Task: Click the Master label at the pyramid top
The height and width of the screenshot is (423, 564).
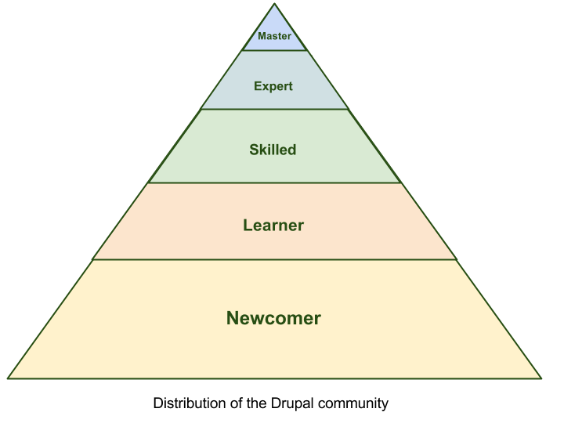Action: coord(274,36)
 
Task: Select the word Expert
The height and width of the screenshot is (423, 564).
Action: coord(273,86)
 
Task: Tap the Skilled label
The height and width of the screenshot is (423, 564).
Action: coord(273,150)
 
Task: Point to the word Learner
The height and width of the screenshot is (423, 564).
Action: coord(273,225)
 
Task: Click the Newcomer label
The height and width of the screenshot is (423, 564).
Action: coord(273,318)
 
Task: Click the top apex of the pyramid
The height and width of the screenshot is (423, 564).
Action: coord(274,4)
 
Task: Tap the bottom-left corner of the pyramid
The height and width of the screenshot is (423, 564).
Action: coord(8,378)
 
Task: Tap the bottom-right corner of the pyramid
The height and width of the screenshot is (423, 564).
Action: coord(541,378)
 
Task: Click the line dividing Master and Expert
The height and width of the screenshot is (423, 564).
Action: coord(274,50)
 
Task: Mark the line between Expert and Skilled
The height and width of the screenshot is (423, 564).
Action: coord(274,109)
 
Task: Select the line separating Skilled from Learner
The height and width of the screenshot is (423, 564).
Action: coord(274,183)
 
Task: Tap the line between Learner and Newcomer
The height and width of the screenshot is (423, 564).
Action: coord(274,259)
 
